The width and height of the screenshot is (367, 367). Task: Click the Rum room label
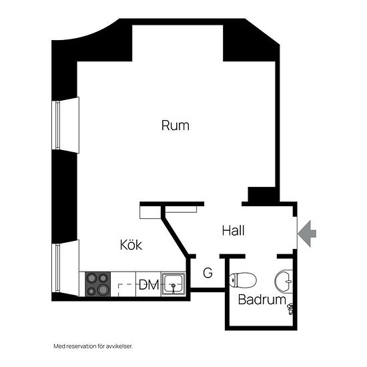[175, 125]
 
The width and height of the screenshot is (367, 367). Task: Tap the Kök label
[131, 245]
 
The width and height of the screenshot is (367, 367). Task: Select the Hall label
[234, 231]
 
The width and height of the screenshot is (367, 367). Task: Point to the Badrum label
[262, 300]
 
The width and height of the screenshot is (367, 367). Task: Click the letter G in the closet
[208, 273]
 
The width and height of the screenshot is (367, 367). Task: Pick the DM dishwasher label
[149, 285]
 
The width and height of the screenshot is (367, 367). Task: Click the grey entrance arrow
[307, 234]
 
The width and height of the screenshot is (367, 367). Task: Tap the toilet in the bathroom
[243, 280]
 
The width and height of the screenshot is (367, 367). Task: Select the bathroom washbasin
[284, 282]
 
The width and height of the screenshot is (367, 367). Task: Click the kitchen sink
[173, 284]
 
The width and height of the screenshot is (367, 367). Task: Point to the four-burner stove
[97, 284]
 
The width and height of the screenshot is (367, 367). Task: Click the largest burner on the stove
[103, 290]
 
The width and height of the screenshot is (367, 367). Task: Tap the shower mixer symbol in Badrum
[290, 309]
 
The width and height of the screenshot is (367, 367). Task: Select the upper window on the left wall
[65, 125]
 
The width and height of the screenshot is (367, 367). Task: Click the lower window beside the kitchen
[65, 268]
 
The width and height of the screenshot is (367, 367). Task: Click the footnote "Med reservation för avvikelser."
[93, 346]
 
